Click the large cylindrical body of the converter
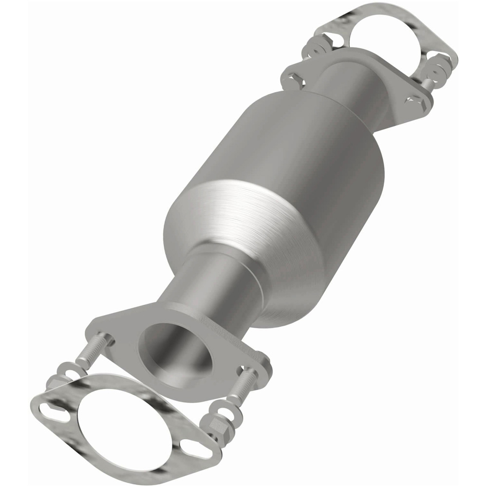[278, 146]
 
